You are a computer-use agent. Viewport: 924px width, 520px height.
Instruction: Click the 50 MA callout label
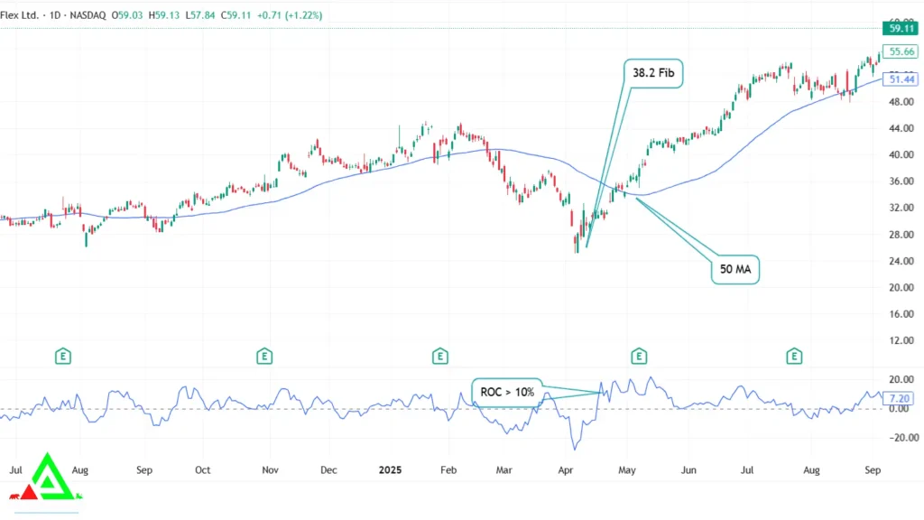[x=735, y=269]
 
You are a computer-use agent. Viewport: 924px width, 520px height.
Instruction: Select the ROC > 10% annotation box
[x=506, y=392]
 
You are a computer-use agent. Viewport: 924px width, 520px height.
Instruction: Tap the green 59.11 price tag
[x=901, y=29]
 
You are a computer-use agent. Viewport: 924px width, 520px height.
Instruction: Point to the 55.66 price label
[x=901, y=52]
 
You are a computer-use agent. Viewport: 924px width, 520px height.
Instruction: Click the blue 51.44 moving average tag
[x=901, y=80]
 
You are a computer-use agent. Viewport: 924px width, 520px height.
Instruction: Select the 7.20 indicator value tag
[x=900, y=398]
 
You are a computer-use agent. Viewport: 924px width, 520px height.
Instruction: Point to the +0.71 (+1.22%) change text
[x=290, y=15]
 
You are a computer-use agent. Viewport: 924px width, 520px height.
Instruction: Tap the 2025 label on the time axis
[x=391, y=470]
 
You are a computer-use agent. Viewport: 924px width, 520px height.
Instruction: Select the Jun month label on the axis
[x=688, y=470]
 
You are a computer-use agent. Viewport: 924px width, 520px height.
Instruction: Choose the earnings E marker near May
[x=639, y=357]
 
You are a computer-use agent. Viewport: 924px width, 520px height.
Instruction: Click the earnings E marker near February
[x=439, y=357]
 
